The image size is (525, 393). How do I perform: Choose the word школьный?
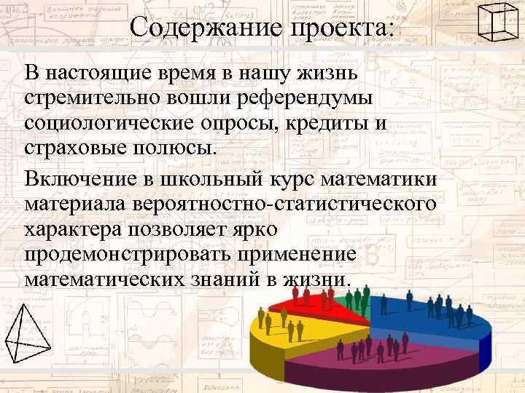coord(227,178)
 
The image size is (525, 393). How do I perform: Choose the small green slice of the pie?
coord(349,299)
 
